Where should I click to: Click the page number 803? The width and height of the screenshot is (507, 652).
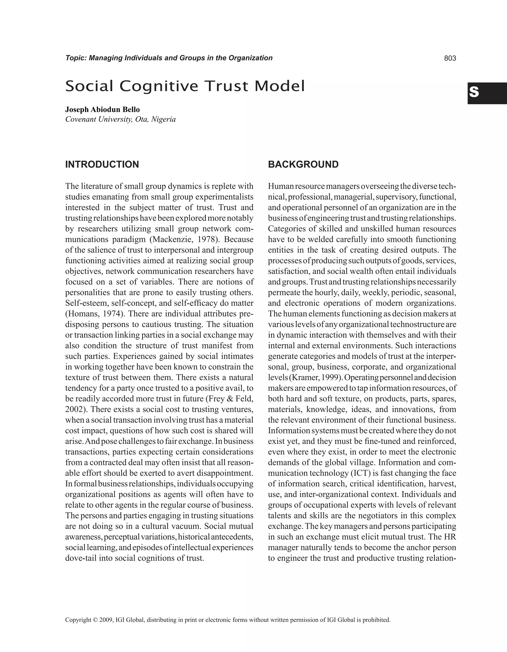pos(450,58)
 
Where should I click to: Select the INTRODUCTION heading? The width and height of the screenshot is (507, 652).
pos(102,164)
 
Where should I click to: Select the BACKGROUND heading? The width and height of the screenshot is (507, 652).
pos(303,164)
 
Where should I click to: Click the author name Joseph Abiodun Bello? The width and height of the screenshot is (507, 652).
pos(102,109)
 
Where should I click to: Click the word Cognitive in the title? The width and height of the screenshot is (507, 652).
pos(159,86)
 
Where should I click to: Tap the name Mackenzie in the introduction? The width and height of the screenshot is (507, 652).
pos(167,239)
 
